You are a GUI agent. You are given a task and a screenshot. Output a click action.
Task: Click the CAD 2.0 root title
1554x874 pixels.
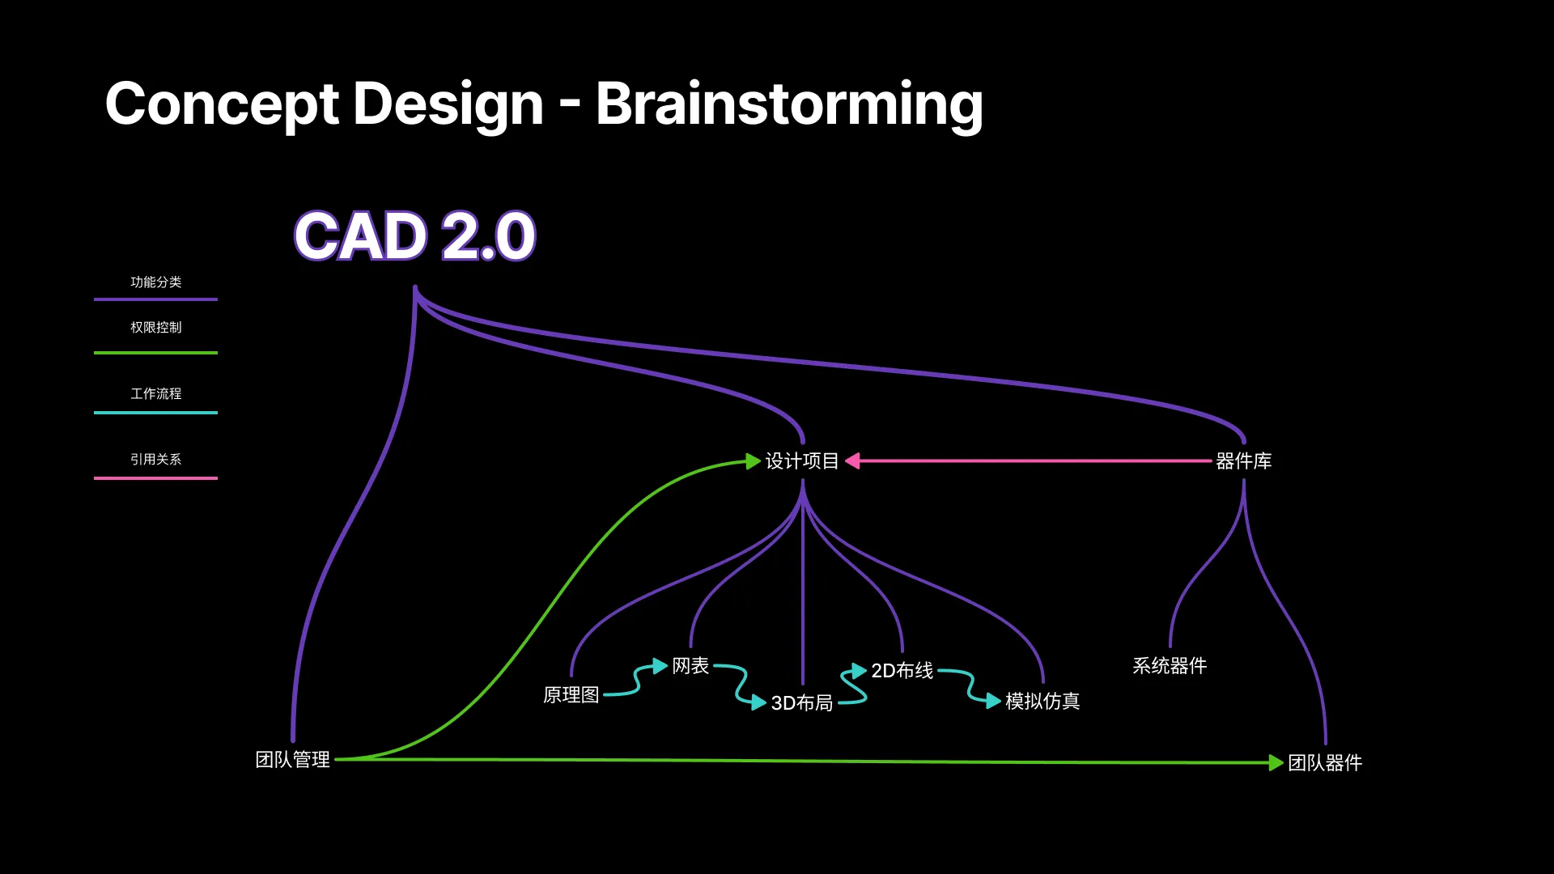tap(414, 236)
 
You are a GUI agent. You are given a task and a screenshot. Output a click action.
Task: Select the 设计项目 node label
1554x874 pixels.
tap(802, 461)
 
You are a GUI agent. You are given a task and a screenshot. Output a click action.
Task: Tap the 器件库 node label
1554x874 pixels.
tap(1243, 461)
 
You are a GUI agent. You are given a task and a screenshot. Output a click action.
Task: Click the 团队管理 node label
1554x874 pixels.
tap(292, 760)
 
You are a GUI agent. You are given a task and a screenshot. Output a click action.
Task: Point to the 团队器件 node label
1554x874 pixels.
tap(1325, 763)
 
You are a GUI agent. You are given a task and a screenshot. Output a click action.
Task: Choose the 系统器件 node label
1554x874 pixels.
tap(1170, 666)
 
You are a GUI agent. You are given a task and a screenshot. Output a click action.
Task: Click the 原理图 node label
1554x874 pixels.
tap(571, 695)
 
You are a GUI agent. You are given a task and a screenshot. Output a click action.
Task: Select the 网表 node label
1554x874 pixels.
tap(690, 666)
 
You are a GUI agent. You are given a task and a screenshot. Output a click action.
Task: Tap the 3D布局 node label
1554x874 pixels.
tap(801, 703)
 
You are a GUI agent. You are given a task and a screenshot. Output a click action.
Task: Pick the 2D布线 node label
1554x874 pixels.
tap(902, 671)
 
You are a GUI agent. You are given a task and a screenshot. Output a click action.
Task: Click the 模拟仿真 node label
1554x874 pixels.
tap(1042, 702)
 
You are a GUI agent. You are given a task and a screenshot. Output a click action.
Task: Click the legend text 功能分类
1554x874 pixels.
tap(155, 282)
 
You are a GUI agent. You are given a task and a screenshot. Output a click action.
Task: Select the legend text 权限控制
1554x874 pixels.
tap(155, 328)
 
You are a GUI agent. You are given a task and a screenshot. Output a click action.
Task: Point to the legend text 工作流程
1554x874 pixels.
tap(155, 394)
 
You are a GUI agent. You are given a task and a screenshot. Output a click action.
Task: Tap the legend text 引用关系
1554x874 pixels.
tap(155, 460)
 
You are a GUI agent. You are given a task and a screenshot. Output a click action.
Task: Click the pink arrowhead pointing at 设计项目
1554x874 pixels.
tap(852, 461)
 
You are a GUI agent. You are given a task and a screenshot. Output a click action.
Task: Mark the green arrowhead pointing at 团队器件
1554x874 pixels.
tap(1276, 763)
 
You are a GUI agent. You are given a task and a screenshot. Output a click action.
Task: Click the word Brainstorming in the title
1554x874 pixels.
tap(789, 104)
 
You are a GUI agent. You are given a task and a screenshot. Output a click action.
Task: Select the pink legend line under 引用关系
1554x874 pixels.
tap(155, 478)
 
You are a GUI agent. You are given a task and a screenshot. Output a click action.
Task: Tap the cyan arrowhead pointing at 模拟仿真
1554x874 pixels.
tap(993, 702)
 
